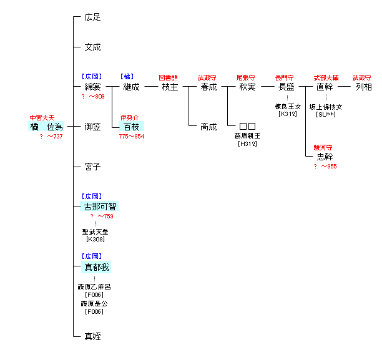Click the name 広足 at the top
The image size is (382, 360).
click(x=92, y=17)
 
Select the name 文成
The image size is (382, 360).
click(x=92, y=47)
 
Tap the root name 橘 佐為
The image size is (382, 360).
click(x=47, y=127)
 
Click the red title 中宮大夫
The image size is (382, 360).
click(x=42, y=117)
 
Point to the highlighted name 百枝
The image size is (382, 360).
click(x=131, y=127)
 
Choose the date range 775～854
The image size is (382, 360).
click(x=131, y=137)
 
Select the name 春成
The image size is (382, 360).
click(x=208, y=87)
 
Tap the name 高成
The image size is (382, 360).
click(x=208, y=127)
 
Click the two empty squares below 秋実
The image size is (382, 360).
click(x=247, y=127)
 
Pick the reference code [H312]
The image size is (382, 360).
click(x=247, y=144)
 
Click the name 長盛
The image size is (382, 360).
click(x=286, y=87)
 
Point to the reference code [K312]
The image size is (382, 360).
click(x=287, y=114)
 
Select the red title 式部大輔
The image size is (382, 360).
click(x=325, y=77)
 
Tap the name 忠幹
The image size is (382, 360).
click(x=325, y=157)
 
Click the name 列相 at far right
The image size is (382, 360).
click(x=363, y=87)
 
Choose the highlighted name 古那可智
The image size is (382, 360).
click(x=100, y=207)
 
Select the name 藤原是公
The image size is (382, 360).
click(x=94, y=303)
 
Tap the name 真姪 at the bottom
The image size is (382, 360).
click(x=92, y=336)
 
